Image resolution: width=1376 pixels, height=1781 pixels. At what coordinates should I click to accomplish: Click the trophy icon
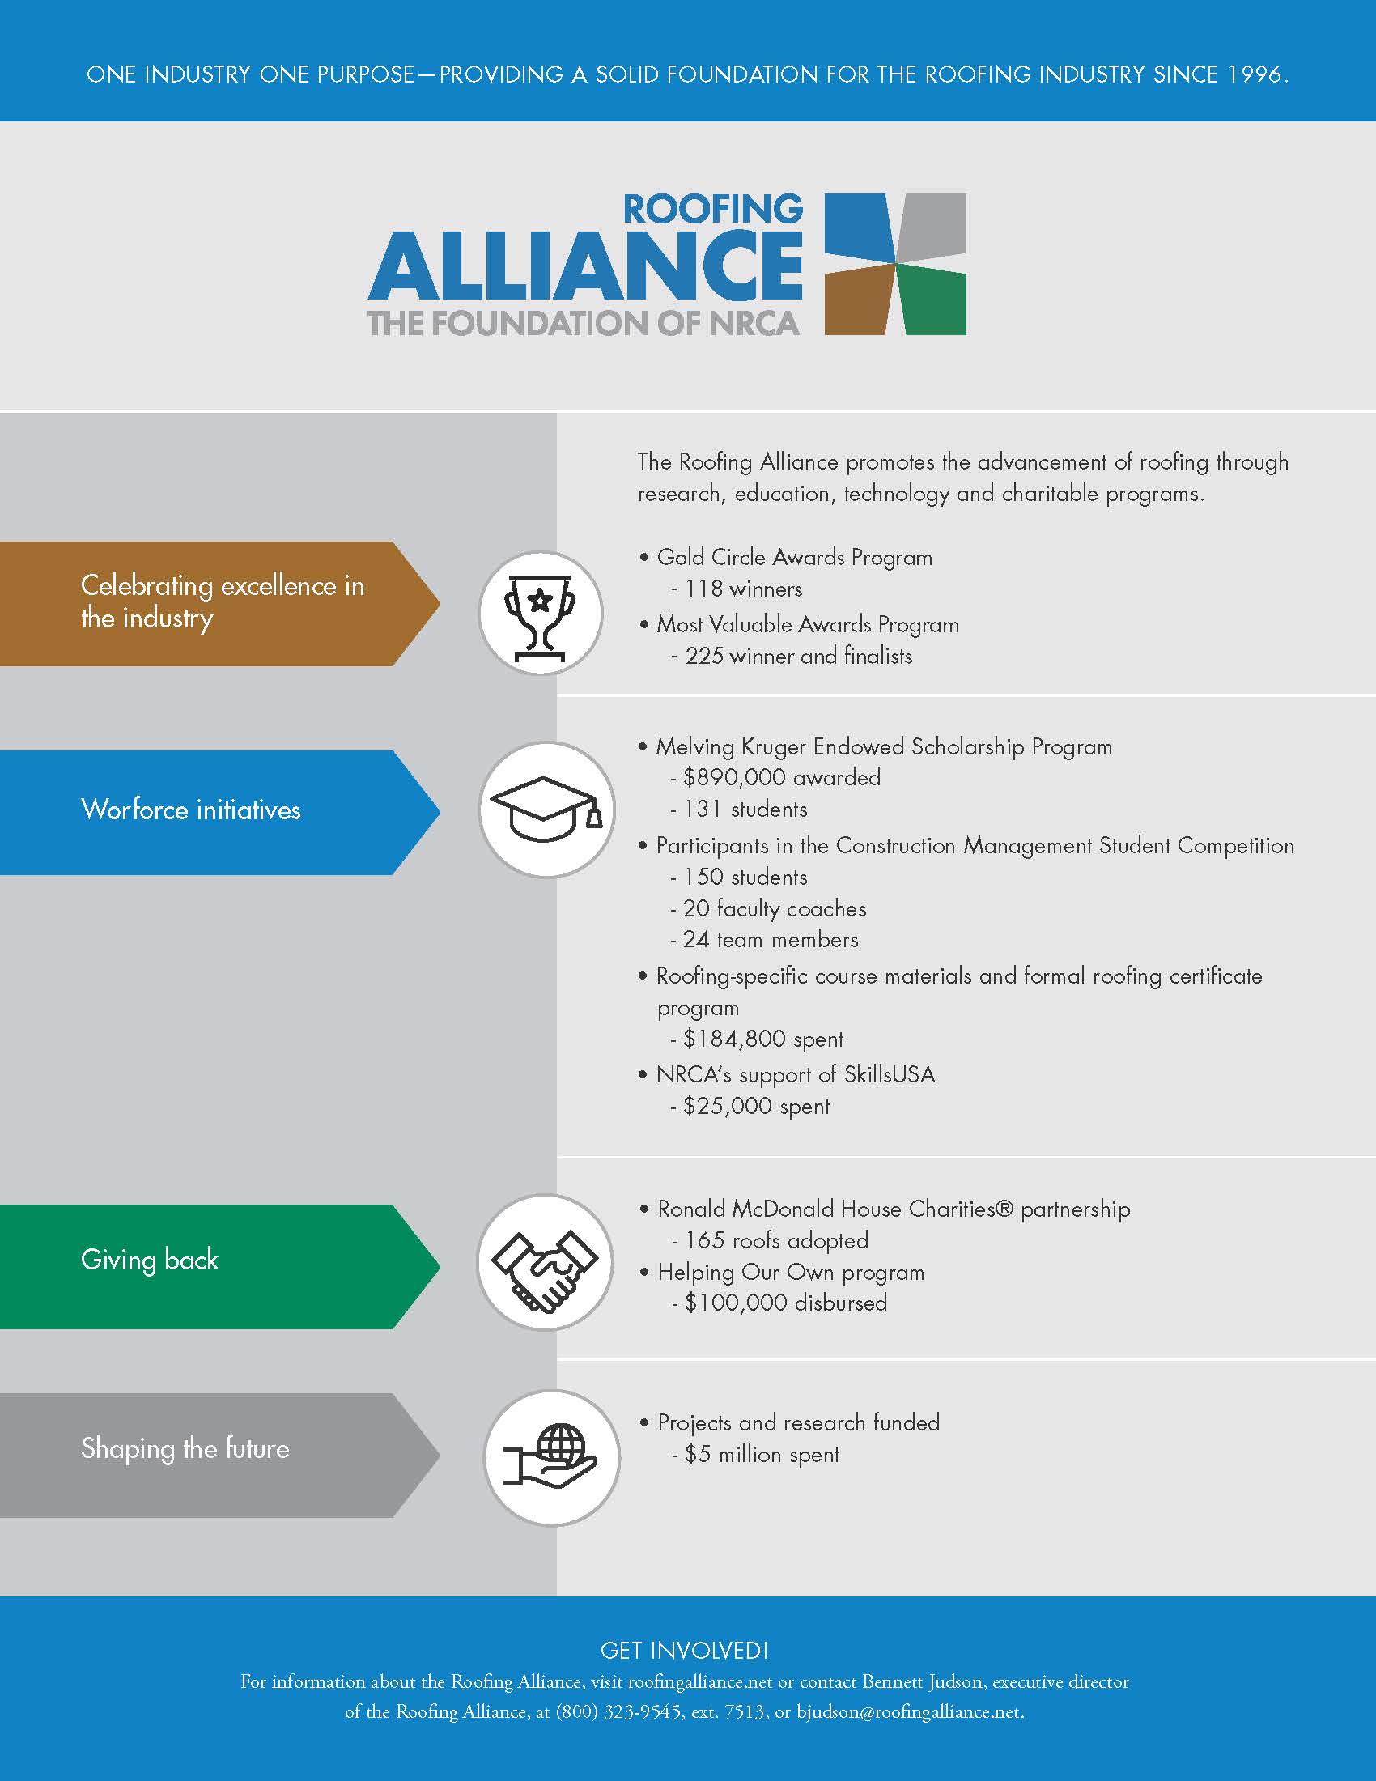tap(541, 614)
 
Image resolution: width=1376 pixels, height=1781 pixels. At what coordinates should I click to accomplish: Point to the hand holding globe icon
tap(552, 1458)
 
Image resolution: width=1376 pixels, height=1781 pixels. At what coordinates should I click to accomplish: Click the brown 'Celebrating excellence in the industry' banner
tap(220, 603)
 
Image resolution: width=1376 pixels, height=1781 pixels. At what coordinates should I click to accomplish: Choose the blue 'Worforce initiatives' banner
tap(220, 812)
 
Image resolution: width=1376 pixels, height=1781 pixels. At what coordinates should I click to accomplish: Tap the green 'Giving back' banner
tap(220, 1266)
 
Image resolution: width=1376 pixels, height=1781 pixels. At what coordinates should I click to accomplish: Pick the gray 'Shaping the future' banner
tap(220, 1456)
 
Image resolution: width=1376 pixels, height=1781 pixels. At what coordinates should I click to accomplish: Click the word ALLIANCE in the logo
tap(585, 266)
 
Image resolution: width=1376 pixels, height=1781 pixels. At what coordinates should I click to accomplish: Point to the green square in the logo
tap(932, 300)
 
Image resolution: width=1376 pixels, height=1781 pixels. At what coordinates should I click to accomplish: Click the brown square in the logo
tap(859, 300)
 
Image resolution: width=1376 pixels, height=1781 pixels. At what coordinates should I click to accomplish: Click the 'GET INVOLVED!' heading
tap(685, 1651)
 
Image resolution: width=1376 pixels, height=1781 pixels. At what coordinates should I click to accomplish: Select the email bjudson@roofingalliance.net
tap(910, 1711)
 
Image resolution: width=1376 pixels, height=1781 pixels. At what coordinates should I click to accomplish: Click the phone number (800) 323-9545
tap(618, 1711)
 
